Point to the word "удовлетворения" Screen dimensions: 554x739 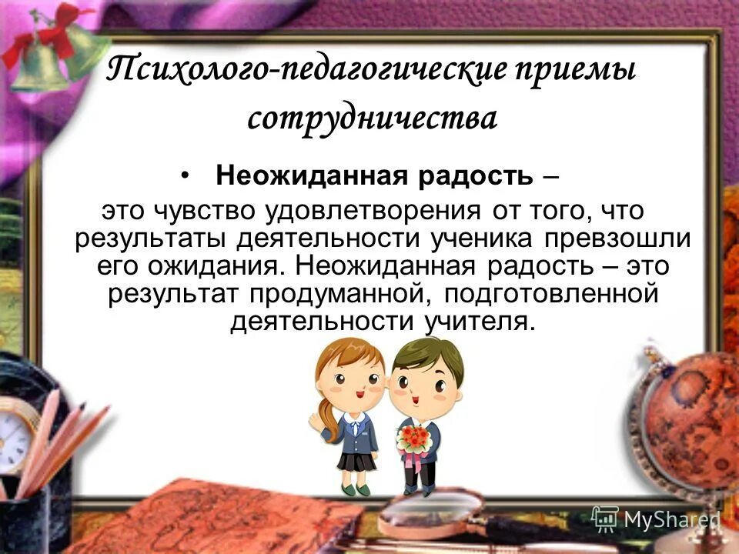click(373, 211)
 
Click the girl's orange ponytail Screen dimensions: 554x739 click(332, 416)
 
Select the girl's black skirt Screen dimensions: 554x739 click(356, 462)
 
